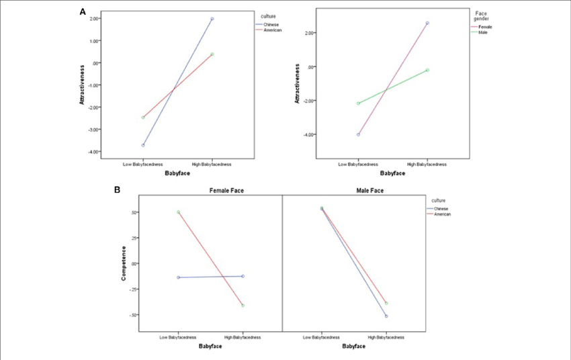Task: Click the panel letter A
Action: click(x=83, y=12)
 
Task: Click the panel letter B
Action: click(x=117, y=190)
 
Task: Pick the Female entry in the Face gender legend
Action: click(x=484, y=27)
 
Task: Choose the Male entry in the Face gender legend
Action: click(x=482, y=32)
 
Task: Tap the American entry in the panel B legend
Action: click(x=442, y=214)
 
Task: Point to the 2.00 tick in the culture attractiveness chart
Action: click(x=93, y=19)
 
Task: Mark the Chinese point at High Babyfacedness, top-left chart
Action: click(x=212, y=19)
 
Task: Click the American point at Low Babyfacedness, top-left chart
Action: click(x=143, y=118)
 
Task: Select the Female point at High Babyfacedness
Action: click(x=427, y=23)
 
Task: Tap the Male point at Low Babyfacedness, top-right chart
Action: click(x=358, y=103)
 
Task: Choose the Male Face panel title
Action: click(x=353, y=191)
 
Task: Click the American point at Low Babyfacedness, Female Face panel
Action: click(x=178, y=212)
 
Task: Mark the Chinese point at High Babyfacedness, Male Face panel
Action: click(x=386, y=316)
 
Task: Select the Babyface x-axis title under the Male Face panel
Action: click(x=353, y=347)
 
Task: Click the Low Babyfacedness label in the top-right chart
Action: click(x=359, y=164)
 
